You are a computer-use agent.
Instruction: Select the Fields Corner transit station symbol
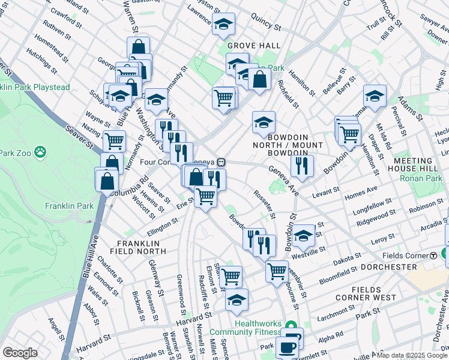(x=433, y=256)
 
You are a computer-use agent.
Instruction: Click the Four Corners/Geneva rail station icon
(x=221, y=162)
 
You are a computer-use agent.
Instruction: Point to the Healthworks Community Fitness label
(x=258, y=327)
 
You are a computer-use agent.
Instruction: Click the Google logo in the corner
(x=20, y=353)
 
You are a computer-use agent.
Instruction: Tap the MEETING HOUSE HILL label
(x=421, y=166)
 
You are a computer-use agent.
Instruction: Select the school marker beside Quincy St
(x=223, y=24)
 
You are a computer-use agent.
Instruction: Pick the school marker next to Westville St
(x=304, y=235)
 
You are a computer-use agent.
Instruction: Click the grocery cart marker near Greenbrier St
(x=277, y=270)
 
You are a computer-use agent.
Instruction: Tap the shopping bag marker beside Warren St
(x=138, y=47)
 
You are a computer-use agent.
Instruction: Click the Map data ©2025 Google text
(x=412, y=355)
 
